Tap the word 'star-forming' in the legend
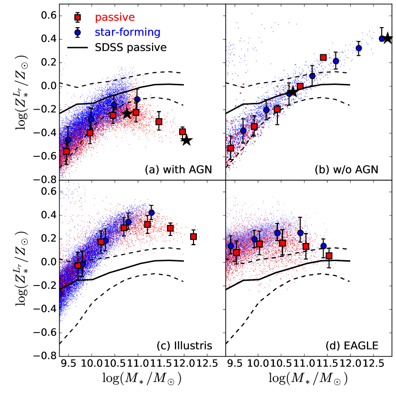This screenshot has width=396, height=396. click(127, 32)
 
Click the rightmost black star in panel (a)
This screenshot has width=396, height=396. click(187, 140)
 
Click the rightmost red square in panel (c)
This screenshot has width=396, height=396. click(193, 236)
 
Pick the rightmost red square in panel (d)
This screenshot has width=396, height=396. click(329, 256)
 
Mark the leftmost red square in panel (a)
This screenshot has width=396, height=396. click(67, 152)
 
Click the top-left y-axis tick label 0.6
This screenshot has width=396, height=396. click(48, 16)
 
